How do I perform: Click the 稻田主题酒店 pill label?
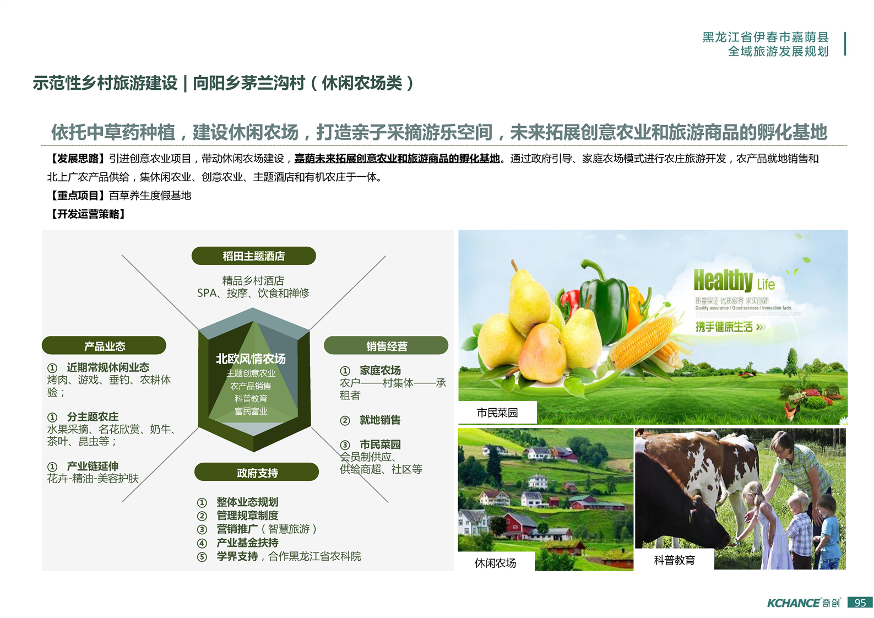254,256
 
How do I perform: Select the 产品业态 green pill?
104,346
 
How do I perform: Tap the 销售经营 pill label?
386,346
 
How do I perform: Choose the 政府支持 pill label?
257,473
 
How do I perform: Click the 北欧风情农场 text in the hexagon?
251,359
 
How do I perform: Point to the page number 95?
860,603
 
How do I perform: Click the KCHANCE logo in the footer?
804,603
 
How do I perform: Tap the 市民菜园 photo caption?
497,413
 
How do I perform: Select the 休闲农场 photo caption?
495,563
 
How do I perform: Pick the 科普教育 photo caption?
674,560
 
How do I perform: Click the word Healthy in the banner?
723,280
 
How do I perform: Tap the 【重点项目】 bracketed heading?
78,196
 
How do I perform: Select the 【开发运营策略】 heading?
88,214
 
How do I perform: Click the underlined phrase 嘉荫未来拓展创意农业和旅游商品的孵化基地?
397,159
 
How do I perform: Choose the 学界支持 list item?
237,556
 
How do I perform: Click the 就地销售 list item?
380,420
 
